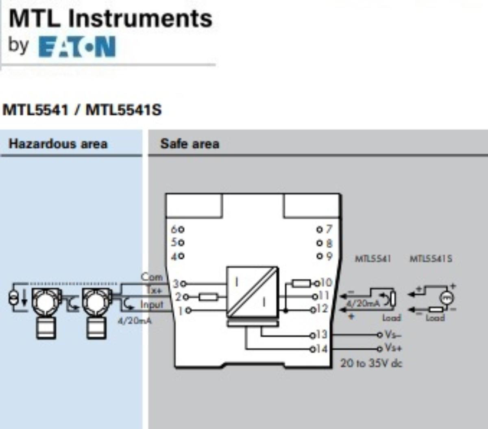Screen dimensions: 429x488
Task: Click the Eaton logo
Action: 77,47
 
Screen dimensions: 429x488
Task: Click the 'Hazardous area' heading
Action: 58,144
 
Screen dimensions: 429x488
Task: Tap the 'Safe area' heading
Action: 190,144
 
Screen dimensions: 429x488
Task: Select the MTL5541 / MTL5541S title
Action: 82,110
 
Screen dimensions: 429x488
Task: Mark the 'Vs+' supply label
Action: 393,348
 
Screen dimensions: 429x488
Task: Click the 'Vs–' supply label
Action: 393,334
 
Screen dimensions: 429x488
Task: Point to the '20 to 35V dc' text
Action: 371,363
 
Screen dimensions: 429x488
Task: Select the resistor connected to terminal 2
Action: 208,297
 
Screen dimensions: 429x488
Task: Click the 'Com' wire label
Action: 151,277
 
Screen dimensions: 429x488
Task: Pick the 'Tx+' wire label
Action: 154,291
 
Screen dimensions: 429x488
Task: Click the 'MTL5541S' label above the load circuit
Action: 430,259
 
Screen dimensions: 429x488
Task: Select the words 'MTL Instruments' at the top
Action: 110,18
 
